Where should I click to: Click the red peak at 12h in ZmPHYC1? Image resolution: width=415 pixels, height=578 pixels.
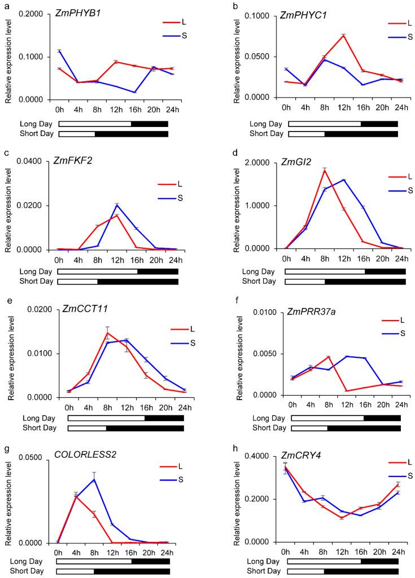pos(343,35)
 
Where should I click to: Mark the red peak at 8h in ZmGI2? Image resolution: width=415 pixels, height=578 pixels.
pos(325,169)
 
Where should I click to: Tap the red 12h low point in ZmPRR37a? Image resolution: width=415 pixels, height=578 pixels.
pos(346,391)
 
